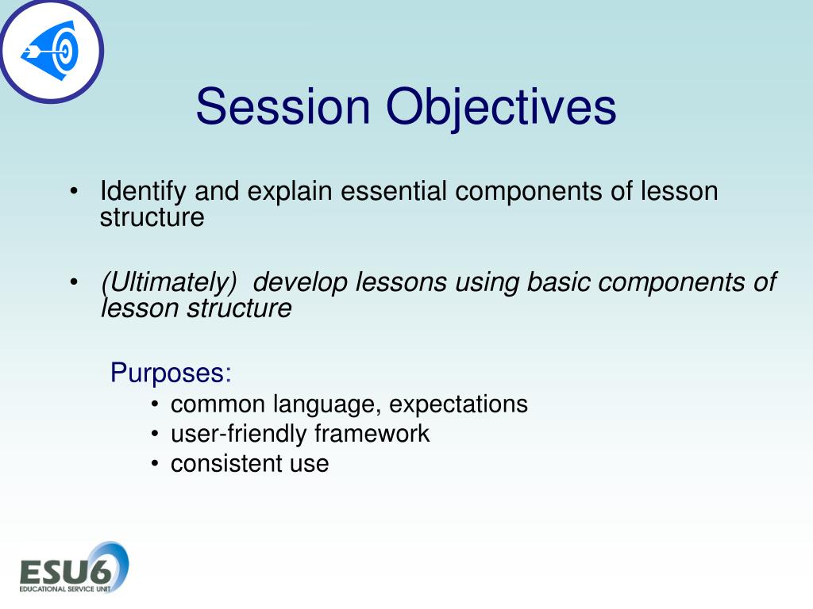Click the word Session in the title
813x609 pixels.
pyautogui.click(x=283, y=106)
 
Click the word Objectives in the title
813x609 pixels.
pyautogui.click(x=502, y=109)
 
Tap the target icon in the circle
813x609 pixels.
pyautogui.click(x=50, y=51)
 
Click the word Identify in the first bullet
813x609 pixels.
pyautogui.click(x=143, y=192)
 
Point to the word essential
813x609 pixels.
pyautogui.click(x=394, y=190)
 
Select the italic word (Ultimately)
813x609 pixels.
pyautogui.click(x=169, y=283)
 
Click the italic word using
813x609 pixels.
pyautogui.click(x=487, y=284)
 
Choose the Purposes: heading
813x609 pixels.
pyautogui.click(x=171, y=373)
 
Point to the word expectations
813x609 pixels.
pyautogui.click(x=458, y=405)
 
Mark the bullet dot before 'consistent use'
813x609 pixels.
pyautogui.click(x=155, y=463)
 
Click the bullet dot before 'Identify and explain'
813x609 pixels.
pyautogui.click(x=74, y=191)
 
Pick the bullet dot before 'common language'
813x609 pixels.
pyautogui.click(x=155, y=404)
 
